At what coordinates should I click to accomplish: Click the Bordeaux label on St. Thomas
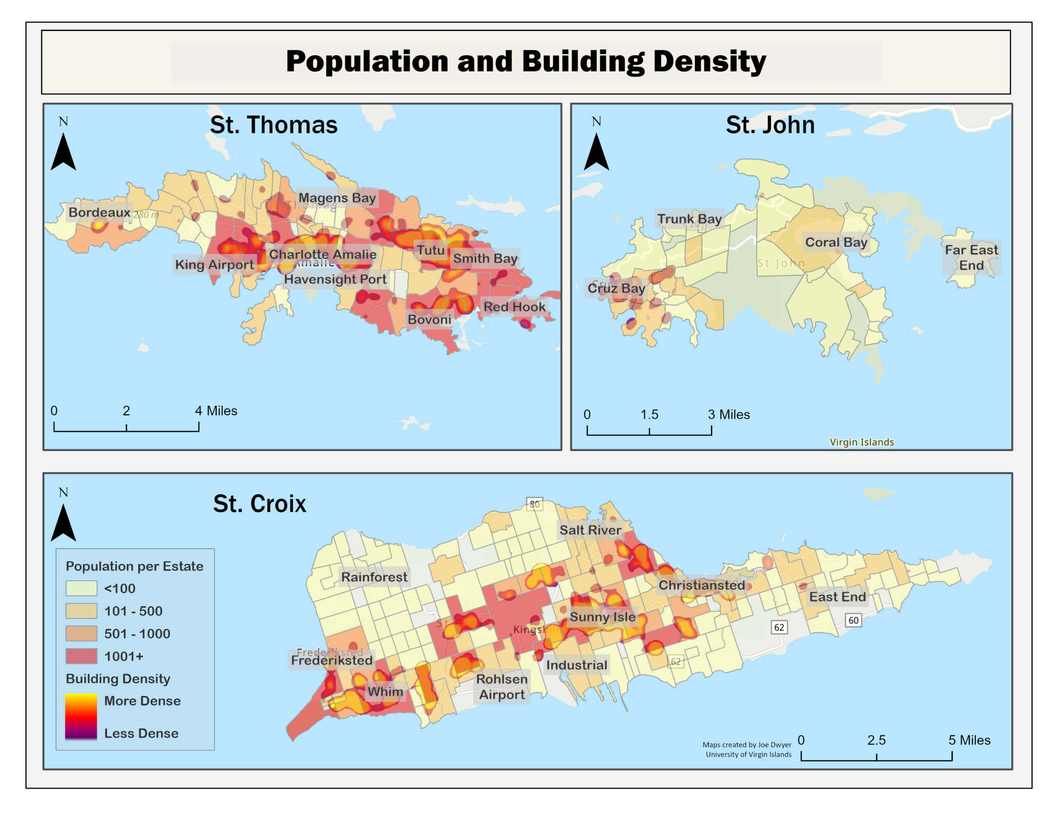coord(99,212)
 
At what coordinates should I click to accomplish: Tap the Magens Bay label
coord(337,198)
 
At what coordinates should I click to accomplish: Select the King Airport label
coord(214,265)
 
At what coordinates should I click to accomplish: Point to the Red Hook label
coord(515,307)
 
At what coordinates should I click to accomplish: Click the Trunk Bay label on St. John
coord(689,219)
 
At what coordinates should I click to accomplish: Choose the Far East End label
coord(971,258)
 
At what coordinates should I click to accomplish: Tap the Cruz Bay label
coord(616,288)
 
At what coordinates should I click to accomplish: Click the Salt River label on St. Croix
coord(590,530)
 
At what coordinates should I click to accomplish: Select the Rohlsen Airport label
coord(502,686)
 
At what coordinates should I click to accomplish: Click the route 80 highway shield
coord(534,504)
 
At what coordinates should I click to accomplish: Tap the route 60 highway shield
coord(853,621)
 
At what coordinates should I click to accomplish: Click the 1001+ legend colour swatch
coord(81,656)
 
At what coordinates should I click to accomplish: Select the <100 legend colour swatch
coord(81,588)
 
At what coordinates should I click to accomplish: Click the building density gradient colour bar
coord(81,716)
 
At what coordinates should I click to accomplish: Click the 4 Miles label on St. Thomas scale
coord(216,411)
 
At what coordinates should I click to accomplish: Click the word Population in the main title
coord(367,62)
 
